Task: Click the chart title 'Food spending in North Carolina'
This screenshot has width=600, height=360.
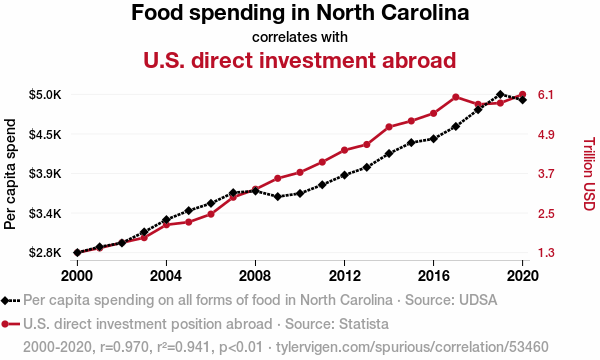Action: click(x=300, y=13)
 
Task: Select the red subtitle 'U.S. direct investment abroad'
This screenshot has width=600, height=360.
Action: click(x=300, y=60)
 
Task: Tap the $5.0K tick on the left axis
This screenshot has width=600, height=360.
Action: click(x=45, y=94)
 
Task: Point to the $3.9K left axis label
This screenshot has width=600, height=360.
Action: click(x=45, y=174)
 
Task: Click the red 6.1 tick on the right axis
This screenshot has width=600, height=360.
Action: click(x=546, y=94)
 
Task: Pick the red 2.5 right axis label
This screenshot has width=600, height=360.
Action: click(x=546, y=213)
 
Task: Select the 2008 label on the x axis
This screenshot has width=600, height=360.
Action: click(x=255, y=275)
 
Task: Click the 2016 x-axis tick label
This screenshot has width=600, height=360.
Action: click(x=433, y=275)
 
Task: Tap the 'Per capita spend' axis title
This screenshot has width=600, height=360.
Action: click(x=10, y=174)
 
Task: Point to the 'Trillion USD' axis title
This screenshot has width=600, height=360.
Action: click(x=589, y=174)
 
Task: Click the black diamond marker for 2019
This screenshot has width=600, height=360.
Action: click(x=500, y=94)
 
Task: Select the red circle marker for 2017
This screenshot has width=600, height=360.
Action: click(x=455, y=97)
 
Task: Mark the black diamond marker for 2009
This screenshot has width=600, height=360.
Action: click(x=278, y=197)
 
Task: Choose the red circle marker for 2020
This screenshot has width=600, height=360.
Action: click(x=522, y=94)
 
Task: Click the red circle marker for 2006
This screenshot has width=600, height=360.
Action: click(x=211, y=214)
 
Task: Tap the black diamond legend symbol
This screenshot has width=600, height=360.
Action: click(x=5, y=301)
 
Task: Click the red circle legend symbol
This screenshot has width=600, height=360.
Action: click(x=5, y=324)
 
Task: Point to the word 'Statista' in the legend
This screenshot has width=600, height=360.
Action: click(x=364, y=324)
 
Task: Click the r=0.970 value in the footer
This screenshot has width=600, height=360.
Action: click(x=124, y=347)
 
